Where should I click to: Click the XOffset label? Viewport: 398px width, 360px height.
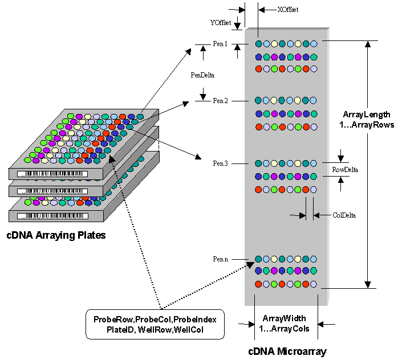(288, 9)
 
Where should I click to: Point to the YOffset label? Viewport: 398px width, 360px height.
(221, 22)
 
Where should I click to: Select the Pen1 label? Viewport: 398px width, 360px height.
(220, 43)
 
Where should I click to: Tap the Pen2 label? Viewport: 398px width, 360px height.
(220, 101)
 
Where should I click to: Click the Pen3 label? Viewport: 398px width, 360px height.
(220, 163)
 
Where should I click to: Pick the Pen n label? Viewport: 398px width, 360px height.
(220, 259)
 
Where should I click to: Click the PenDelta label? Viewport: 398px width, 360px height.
(203, 74)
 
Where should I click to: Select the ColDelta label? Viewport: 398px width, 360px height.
(344, 215)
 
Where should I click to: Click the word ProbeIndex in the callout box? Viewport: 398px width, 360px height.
(195, 320)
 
